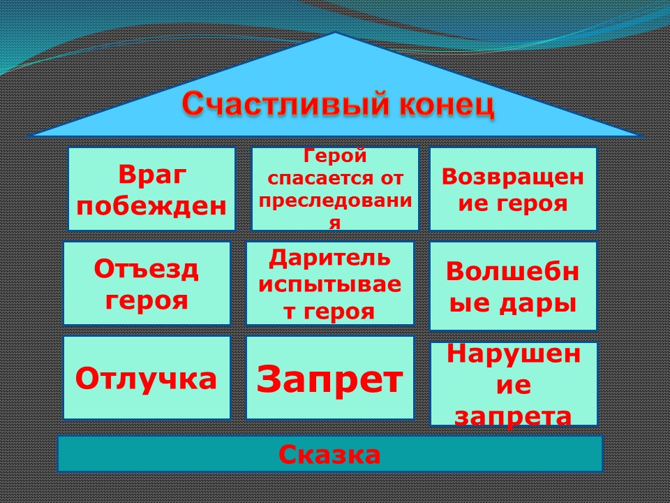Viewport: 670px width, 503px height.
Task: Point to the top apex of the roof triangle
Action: (x=336, y=33)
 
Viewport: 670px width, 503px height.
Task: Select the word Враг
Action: (x=152, y=175)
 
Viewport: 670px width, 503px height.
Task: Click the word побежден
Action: (x=151, y=205)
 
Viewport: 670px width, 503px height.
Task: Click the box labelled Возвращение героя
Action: (x=513, y=189)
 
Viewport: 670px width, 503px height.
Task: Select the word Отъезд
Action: (x=146, y=270)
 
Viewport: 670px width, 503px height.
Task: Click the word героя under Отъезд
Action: (x=146, y=300)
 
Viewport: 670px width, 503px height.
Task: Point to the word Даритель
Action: (x=329, y=258)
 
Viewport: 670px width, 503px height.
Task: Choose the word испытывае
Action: (x=330, y=284)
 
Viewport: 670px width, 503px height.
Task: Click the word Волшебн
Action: (x=513, y=271)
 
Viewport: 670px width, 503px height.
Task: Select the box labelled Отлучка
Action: (x=147, y=377)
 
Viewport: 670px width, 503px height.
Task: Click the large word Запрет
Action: (x=329, y=379)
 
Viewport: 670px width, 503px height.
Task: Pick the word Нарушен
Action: (x=514, y=353)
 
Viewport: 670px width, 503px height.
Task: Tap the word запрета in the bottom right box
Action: (x=513, y=416)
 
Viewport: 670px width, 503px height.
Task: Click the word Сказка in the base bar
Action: (x=329, y=454)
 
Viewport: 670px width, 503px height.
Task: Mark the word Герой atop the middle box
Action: (x=335, y=156)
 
